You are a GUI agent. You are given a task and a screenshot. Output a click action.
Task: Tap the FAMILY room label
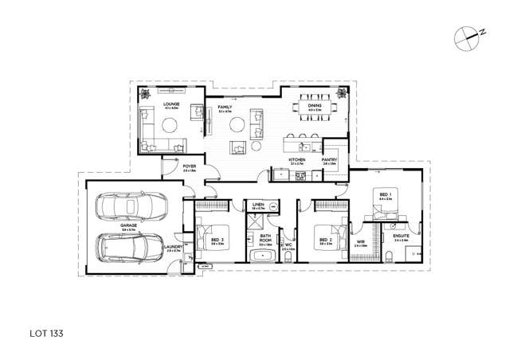[x=225, y=107]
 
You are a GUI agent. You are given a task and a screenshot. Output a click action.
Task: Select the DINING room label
[x=315, y=104]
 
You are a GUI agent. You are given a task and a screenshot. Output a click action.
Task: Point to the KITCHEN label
[x=296, y=160]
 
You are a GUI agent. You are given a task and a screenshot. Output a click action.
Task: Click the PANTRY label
[x=330, y=160]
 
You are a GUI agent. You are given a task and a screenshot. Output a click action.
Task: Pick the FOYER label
[x=190, y=166]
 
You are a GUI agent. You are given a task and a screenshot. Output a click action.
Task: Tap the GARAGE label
[x=129, y=225]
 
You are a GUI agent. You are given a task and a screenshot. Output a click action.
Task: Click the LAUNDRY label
[x=175, y=247]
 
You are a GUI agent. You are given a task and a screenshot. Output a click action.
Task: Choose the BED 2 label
[x=325, y=239]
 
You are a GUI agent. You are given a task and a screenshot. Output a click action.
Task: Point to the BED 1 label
[x=384, y=194]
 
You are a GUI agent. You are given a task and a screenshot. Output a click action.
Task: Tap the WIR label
[x=360, y=241]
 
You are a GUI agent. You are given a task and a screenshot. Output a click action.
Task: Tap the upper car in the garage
[x=132, y=207]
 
